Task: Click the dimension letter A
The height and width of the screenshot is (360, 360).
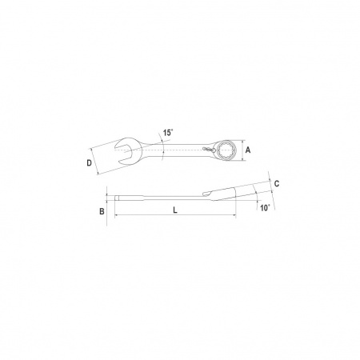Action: pyautogui.click(x=248, y=150)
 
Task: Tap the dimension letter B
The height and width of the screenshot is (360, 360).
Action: pyautogui.click(x=102, y=211)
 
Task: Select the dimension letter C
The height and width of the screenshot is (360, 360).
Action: pyautogui.click(x=277, y=183)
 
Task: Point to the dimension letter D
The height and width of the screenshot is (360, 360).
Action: pyautogui.click(x=90, y=162)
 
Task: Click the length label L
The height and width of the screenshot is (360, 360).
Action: pyautogui.click(x=175, y=210)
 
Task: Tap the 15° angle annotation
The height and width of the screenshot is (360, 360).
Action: pyautogui.click(x=168, y=133)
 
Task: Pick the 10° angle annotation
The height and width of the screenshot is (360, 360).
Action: pyautogui.click(x=265, y=208)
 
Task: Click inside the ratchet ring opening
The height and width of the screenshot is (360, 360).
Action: pyautogui.click(x=226, y=150)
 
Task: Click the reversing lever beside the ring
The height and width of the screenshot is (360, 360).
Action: pyautogui.click(x=209, y=150)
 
